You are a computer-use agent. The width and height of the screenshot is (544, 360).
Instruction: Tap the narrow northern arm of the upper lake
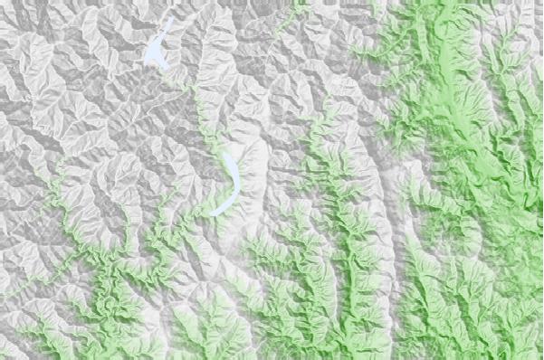pos(165,27)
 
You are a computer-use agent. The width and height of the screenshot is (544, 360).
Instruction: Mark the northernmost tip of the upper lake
pos(169,17)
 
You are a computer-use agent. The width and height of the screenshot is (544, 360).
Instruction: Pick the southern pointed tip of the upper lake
pos(165,70)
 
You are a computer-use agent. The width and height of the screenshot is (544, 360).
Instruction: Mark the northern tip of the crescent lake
pos(224,153)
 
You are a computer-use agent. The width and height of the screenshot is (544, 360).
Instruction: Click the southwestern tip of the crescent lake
pos(211,213)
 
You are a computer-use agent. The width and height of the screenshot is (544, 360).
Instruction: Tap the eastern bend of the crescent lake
pos(238,181)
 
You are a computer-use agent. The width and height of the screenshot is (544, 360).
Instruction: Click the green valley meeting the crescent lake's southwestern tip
pos(195,217)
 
